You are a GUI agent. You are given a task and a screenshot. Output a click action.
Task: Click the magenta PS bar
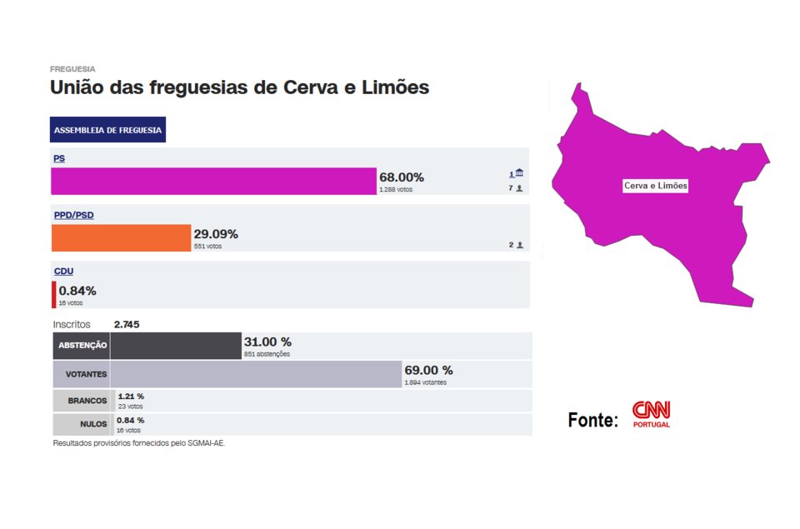(214, 181)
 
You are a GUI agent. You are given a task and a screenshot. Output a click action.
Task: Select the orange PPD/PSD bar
(122, 237)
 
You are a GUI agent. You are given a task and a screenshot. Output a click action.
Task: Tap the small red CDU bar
(54, 295)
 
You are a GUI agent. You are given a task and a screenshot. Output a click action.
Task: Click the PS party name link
(59, 158)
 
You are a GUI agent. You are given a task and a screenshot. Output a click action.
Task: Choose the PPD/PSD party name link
(74, 215)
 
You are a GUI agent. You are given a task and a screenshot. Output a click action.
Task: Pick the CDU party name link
(63, 272)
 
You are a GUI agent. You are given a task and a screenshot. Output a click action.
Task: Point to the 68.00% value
(402, 177)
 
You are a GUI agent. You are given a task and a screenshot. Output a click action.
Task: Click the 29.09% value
(216, 234)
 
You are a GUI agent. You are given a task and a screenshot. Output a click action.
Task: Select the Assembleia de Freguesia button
(108, 130)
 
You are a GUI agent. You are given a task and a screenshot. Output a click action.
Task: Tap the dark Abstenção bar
(176, 346)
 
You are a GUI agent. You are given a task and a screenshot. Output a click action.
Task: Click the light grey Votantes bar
(256, 374)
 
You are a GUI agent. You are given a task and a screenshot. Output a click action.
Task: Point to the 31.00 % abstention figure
(267, 342)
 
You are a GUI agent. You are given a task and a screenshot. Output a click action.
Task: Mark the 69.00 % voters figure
(429, 370)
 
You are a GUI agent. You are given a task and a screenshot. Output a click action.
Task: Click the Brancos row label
(87, 401)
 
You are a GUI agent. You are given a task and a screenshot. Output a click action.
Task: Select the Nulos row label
(92, 424)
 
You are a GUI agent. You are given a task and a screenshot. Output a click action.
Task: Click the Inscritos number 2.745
(127, 324)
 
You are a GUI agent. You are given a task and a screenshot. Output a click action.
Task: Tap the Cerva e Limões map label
(656, 186)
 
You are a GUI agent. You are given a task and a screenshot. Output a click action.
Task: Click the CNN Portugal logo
(651, 413)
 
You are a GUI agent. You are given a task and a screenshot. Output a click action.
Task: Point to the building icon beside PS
(519, 172)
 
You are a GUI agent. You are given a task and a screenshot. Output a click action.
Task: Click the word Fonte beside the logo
(593, 420)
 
